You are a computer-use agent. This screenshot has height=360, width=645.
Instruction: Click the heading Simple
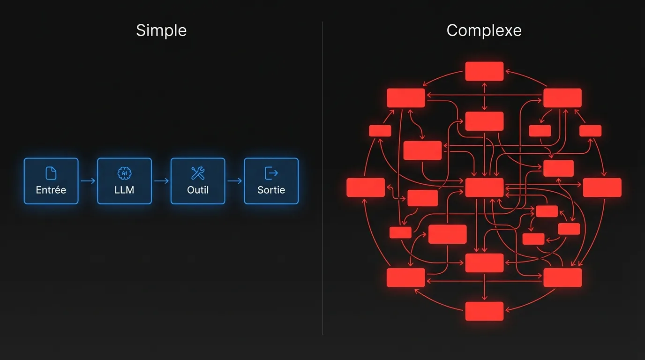pos(161,31)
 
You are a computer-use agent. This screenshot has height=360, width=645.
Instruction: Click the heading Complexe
pos(484,31)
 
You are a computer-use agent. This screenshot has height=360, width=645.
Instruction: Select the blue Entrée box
pos(51,181)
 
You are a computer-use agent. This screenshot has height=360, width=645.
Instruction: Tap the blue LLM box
pos(124,181)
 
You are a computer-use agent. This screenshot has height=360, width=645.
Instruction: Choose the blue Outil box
pos(198,181)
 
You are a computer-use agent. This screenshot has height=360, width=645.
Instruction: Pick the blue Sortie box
pos(271,181)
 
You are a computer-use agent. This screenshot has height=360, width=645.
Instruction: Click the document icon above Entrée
pos(51,173)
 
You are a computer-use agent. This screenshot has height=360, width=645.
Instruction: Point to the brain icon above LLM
pos(124,173)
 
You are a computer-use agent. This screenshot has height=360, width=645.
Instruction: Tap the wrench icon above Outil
pos(198,173)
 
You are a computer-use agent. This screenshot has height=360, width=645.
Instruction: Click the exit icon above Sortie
pos(271,173)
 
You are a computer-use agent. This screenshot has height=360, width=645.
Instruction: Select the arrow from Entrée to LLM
pos(88,181)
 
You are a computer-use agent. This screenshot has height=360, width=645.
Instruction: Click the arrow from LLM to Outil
pos(161,181)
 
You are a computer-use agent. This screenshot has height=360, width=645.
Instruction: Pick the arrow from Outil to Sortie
pos(234,181)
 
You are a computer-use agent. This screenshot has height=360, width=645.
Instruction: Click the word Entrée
pos(51,190)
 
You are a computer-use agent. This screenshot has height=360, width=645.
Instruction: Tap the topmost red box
pos(484,71)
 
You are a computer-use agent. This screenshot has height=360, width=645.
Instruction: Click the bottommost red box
pos(484,311)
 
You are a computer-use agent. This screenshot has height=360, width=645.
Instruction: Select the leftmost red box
pos(366,187)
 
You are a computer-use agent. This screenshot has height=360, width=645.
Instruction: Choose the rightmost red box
pos(602,187)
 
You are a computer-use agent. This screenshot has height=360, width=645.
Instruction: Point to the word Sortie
pos(271,190)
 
